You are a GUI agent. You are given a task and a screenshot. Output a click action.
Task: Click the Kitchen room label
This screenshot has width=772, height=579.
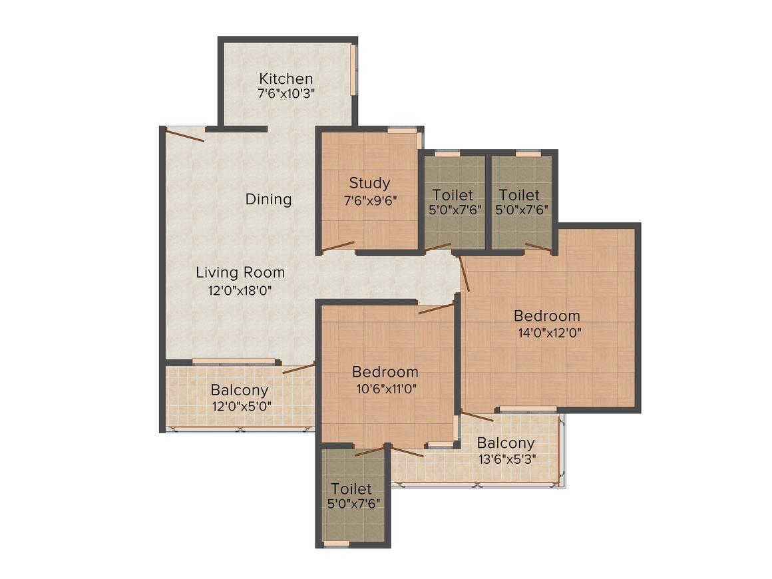click(x=286, y=79)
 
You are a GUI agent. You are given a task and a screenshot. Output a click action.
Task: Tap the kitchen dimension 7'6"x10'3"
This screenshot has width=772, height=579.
click(x=286, y=94)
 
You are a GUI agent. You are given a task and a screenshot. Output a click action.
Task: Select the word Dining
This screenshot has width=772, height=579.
click(x=268, y=199)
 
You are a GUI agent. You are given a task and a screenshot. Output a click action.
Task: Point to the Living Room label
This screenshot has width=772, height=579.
click(x=240, y=272)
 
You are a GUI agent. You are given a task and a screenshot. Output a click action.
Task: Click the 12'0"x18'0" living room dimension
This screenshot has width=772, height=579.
click(x=240, y=290)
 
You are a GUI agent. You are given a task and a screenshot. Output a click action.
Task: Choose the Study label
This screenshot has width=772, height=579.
click(x=369, y=183)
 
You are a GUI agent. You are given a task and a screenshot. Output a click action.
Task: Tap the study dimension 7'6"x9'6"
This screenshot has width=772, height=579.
click(x=369, y=200)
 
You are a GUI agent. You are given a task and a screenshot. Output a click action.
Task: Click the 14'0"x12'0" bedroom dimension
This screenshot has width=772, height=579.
click(x=547, y=333)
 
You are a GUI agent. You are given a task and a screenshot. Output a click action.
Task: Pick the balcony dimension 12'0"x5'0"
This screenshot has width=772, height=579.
click(x=240, y=406)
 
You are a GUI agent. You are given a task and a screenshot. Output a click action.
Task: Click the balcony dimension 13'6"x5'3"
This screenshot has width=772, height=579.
click(x=506, y=459)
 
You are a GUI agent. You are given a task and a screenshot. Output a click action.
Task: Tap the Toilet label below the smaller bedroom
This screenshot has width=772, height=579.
click(x=351, y=489)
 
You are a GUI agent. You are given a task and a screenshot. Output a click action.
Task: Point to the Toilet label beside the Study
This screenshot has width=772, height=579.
click(x=453, y=195)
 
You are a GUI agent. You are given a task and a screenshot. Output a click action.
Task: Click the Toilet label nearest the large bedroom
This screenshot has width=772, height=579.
click(x=520, y=195)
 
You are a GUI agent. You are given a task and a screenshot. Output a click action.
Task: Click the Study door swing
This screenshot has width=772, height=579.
click(x=338, y=246)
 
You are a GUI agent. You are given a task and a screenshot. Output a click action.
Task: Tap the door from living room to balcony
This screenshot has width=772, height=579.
click(x=297, y=369)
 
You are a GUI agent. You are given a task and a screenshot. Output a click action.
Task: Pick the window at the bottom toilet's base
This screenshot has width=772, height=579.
click(x=337, y=544)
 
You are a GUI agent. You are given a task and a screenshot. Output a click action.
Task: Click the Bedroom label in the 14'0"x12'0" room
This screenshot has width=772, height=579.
click(x=547, y=316)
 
